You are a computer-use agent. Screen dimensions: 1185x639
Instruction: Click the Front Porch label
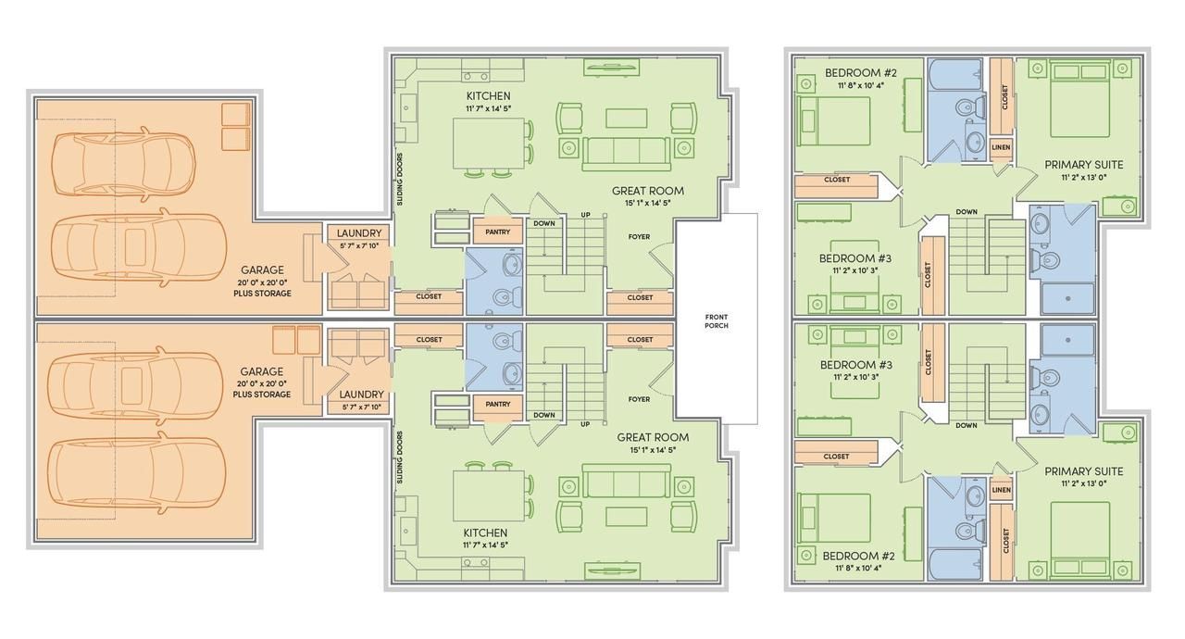click(x=717, y=321)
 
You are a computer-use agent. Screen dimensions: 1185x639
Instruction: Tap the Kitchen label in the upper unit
click(x=488, y=95)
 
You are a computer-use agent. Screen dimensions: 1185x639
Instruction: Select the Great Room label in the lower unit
click(x=653, y=437)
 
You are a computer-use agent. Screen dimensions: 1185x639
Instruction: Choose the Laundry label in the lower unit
click(x=361, y=395)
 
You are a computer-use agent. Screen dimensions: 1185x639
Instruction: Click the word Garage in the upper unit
click(x=262, y=269)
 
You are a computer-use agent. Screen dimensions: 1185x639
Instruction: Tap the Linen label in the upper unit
click(x=1001, y=147)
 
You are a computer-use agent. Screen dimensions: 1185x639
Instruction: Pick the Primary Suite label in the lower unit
click(x=1084, y=470)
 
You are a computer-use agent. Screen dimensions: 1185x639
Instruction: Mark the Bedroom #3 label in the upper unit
click(x=855, y=258)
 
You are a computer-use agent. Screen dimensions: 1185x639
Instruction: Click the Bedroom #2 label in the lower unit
click(x=858, y=556)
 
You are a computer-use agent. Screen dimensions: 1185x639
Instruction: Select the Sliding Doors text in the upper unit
click(x=399, y=180)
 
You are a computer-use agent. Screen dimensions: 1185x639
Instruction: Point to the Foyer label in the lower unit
click(x=639, y=399)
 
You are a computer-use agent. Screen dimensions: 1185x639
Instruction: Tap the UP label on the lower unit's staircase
click(x=585, y=424)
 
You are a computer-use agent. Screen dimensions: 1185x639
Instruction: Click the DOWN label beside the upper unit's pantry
click(x=543, y=223)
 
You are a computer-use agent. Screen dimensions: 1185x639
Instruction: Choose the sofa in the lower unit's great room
click(x=627, y=481)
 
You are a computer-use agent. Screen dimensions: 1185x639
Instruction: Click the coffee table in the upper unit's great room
click(x=627, y=118)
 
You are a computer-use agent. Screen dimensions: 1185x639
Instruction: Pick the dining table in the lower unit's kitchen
click(x=489, y=496)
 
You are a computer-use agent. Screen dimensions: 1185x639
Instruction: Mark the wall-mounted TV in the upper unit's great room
click(x=612, y=68)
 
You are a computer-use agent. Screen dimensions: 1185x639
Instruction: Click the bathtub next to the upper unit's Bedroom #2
click(x=955, y=75)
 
